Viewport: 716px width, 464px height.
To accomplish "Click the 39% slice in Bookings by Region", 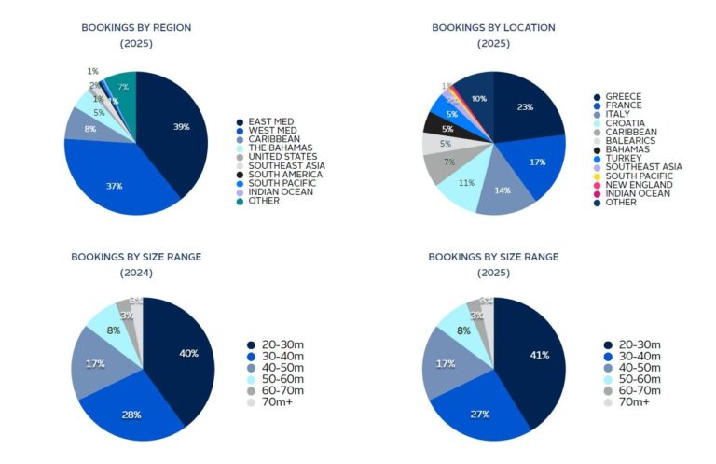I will pos(181,127).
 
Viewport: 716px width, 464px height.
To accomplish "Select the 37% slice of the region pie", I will pos(115,186).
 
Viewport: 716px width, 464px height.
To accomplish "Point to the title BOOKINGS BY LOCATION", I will pos(493,27).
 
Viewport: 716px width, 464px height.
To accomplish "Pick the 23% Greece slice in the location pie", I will pos(526,107).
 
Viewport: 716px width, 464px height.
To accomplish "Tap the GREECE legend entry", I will pos(623,97).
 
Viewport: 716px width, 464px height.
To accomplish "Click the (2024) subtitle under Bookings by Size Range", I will pos(136,273).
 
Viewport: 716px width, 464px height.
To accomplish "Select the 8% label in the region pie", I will pos(89,129).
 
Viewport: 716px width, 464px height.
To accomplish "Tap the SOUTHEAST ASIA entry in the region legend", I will pos(285,165).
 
